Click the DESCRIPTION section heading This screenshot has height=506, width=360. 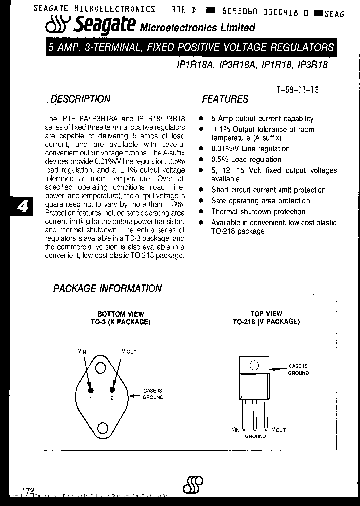point(80,99)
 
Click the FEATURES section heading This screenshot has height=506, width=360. point(225,99)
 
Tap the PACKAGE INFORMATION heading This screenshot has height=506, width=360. point(107,288)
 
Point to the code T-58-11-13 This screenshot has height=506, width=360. point(298,90)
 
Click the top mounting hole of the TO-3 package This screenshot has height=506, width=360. point(101,368)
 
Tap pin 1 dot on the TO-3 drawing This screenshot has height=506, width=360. point(91,389)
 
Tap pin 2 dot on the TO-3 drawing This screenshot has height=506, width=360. point(112,389)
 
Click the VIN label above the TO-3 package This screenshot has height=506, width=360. point(82,352)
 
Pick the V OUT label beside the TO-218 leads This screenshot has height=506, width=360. point(279,429)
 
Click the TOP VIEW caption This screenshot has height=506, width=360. point(266,314)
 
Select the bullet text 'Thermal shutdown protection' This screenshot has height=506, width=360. point(258,212)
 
